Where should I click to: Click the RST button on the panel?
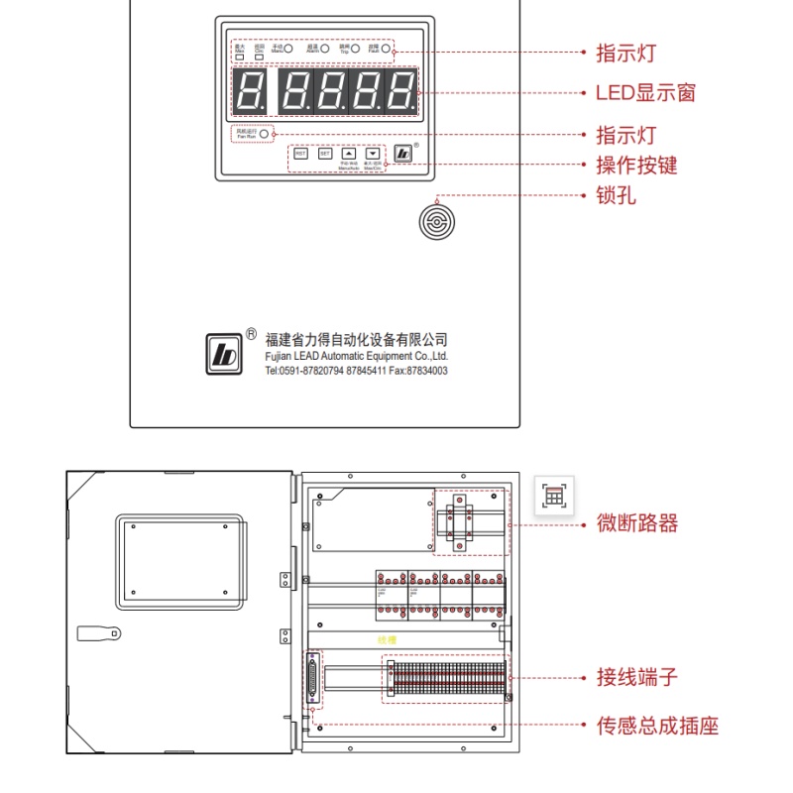(x=300, y=154)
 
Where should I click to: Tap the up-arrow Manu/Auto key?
(x=348, y=154)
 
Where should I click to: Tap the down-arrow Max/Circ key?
(x=372, y=154)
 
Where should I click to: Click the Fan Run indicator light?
(x=265, y=132)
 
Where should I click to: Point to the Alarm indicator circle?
(x=325, y=48)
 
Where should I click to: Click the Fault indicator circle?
(x=388, y=48)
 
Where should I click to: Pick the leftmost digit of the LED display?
(x=253, y=90)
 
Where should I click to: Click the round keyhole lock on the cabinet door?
(x=435, y=222)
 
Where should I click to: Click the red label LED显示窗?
(x=645, y=93)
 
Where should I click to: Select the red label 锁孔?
(x=616, y=195)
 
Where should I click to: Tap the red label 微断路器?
(x=636, y=522)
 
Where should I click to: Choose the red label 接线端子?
(x=636, y=678)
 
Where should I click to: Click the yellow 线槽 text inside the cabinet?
(x=387, y=641)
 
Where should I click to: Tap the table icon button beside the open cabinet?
(x=553, y=496)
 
